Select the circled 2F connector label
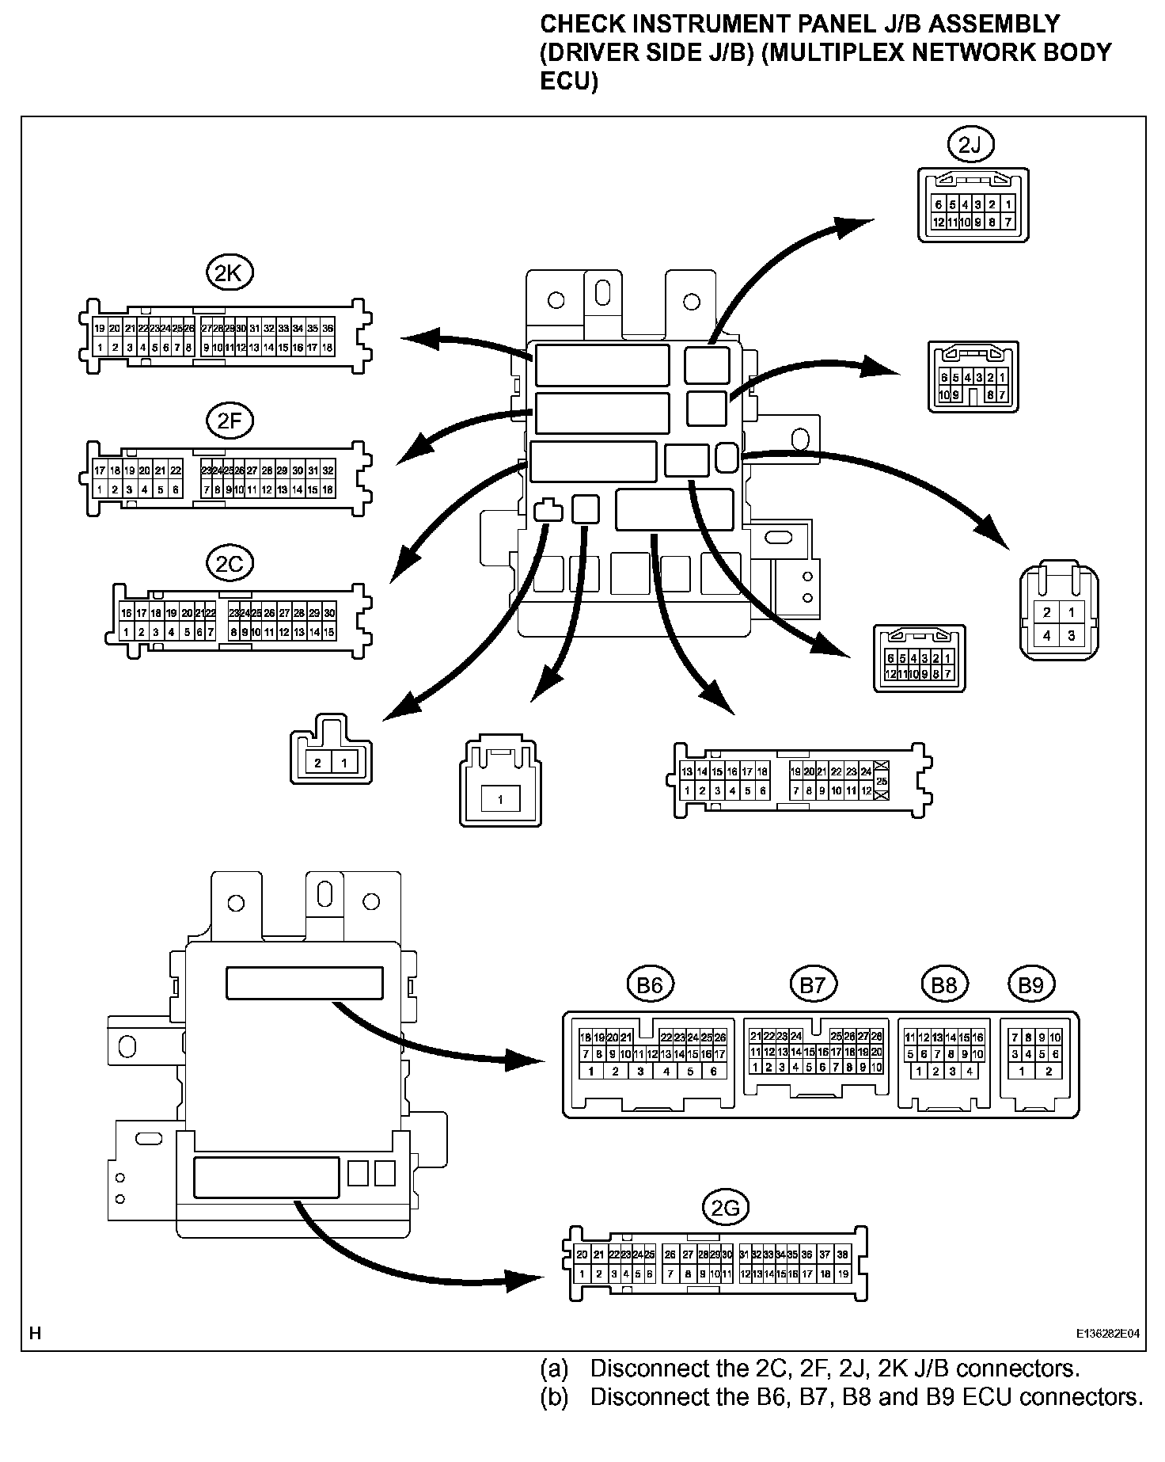click(229, 421)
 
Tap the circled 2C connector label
click(229, 564)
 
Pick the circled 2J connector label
click(970, 145)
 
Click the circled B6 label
click(649, 984)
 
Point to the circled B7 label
click(812, 984)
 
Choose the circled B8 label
click(944, 984)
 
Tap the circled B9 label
click(1030, 984)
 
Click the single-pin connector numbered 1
click(500, 799)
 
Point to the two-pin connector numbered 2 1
click(331, 762)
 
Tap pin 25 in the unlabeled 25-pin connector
click(882, 781)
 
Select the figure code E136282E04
click(1107, 1334)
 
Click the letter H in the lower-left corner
click(35, 1333)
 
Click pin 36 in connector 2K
click(328, 328)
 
